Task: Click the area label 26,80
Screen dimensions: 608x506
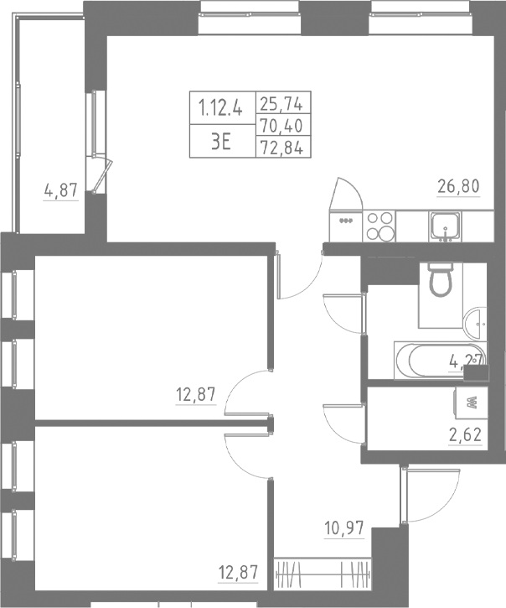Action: coord(457,186)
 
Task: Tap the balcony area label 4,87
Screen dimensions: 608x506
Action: coord(60,190)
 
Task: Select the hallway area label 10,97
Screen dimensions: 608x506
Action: coord(343,529)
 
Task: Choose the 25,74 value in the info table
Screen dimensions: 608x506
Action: coord(281,105)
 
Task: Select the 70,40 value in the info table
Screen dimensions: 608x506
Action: coord(281,127)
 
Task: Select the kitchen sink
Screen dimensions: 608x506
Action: coord(444,226)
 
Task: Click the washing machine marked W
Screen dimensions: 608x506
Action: coord(470,403)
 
